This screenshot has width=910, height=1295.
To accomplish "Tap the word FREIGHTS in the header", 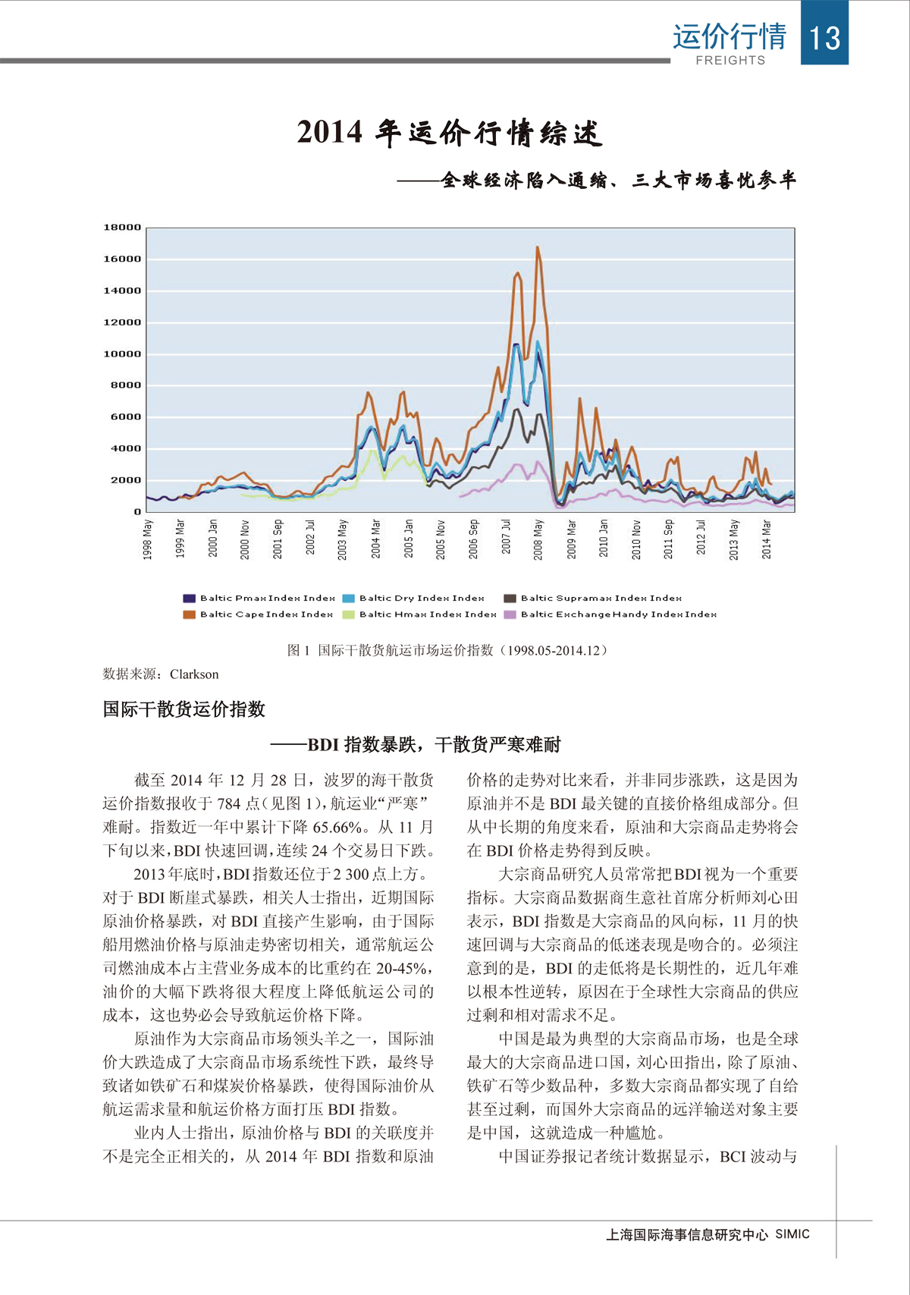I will pos(730,61).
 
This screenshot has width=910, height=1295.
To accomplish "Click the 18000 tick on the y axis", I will pos(122,228).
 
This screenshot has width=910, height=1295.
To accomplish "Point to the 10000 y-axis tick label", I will pos(122,354).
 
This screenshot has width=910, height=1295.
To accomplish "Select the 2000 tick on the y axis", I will pos(125,480).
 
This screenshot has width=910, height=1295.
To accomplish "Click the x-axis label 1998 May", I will pos(148,539).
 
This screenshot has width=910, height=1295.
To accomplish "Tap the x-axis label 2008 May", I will pos(538,539).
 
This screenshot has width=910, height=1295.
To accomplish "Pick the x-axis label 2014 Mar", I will pos(767,539).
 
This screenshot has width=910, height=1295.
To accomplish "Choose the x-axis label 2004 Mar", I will pos(375,539).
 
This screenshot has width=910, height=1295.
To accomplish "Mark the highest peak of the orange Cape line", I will pos(538,247).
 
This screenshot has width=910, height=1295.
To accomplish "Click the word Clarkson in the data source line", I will pos(194,674).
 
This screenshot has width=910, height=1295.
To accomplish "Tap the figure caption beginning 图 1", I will pos(447,650).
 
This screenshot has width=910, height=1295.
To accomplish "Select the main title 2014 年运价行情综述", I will pos(450,133).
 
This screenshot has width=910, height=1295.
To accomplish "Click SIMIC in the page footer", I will pos(792,1234).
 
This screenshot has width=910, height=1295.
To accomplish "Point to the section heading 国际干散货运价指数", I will pos(184,709).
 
